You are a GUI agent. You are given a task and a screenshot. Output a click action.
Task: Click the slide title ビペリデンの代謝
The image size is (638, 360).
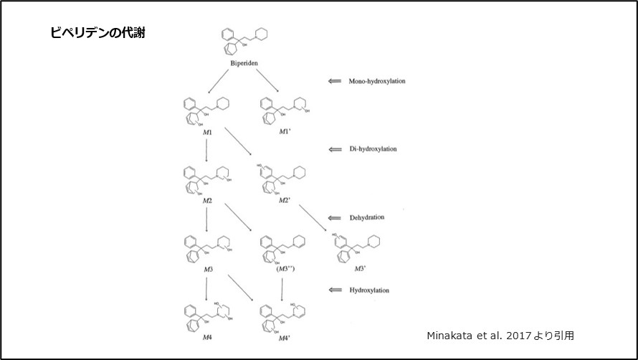[99, 33]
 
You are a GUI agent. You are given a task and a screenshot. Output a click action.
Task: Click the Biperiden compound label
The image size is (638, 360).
[244, 64]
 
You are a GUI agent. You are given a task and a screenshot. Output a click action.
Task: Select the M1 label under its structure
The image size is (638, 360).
[207, 133]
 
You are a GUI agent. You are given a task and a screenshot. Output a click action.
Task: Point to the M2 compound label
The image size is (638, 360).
[207, 200]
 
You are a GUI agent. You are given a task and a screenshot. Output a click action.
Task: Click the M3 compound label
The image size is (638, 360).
[208, 268]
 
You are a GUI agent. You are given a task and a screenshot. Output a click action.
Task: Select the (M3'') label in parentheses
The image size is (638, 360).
[285, 268]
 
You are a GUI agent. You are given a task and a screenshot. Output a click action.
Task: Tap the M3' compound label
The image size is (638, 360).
[361, 268]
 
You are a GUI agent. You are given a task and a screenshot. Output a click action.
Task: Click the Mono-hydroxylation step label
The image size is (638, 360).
[376, 81]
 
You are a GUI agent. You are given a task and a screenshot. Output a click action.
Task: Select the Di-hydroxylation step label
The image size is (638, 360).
[373, 149]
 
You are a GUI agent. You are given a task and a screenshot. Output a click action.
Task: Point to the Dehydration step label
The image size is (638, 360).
[367, 217]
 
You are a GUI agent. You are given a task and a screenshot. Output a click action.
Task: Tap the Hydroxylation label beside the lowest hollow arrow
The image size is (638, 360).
[369, 290]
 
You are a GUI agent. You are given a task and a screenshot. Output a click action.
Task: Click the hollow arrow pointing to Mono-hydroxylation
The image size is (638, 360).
[333, 81]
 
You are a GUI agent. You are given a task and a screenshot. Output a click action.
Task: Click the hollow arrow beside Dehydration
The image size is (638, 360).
[333, 217]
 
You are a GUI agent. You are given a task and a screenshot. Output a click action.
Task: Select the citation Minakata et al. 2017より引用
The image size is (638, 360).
[500, 334]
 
